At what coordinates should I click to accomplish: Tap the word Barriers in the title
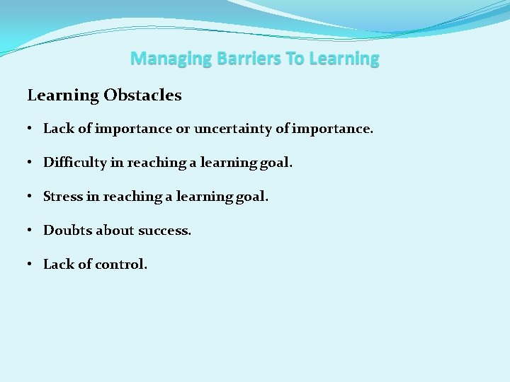pos(239,59)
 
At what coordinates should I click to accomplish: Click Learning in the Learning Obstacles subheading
pos(63,95)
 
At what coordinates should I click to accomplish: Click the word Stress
pos(62,197)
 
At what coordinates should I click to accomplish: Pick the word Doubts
pos(67,231)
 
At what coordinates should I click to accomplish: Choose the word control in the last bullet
pos(122,265)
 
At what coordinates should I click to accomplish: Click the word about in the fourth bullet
pos(113,231)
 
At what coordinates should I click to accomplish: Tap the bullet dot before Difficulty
pos(32,163)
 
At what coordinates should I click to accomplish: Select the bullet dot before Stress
pos(32,197)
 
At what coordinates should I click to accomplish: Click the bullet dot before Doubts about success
pos(32,231)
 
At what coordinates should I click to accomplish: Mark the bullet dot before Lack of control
pos(32,265)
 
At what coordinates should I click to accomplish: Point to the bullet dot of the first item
pos(32,129)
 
